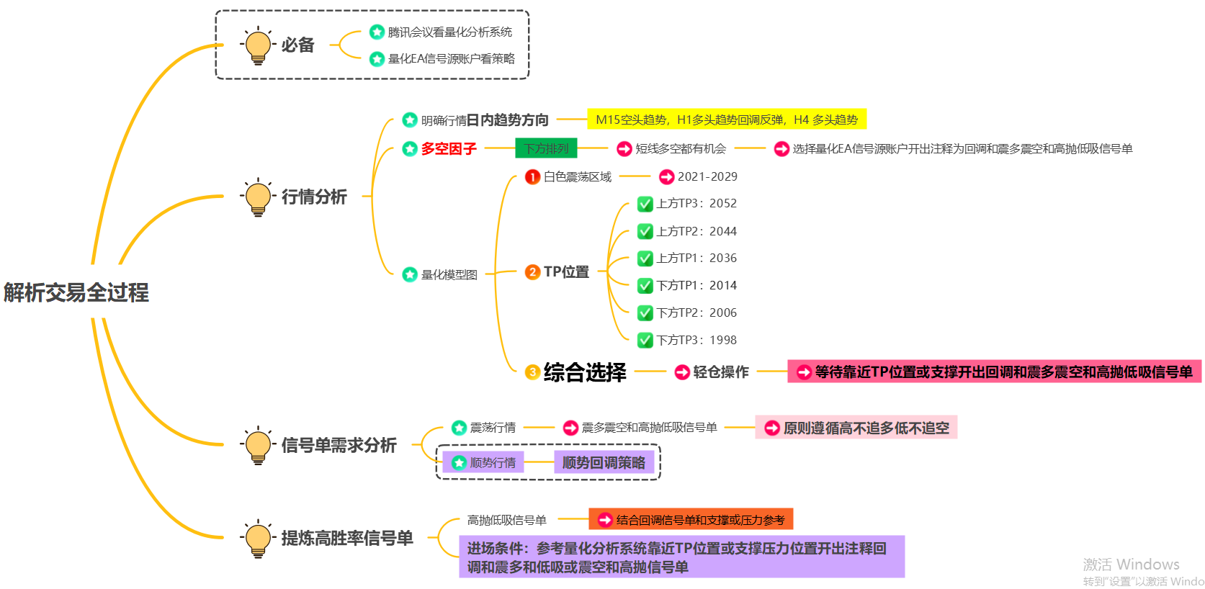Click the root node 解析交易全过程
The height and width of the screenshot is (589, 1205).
[x=76, y=292]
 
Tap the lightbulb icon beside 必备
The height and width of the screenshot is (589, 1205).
[x=257, y=45]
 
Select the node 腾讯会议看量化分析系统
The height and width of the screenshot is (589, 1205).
[x=449, y=32]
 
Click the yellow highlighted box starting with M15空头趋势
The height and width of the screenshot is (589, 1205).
[x=727, y=120]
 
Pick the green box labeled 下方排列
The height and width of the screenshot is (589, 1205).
[x=546, y=148]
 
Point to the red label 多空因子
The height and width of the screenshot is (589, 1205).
[x=449, y=149]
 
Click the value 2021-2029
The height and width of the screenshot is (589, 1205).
[x=707, y=176]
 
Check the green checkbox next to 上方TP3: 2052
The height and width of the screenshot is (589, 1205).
[x=645, y=204]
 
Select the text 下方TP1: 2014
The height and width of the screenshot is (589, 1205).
[x=696, y=286]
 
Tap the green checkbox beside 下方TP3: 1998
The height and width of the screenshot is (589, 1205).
[x=645, y=340]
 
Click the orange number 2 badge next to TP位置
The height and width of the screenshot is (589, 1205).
[x=532, y=272]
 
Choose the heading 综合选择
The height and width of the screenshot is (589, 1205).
[x=585, y=372]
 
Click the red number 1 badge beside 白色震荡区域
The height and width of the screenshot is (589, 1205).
[x=532, y=176]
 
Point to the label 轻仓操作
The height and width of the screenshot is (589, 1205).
[x=720, y=372]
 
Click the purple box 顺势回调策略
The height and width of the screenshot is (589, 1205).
[x=604, y=463]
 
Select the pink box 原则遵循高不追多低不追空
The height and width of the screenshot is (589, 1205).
[x=856, y=428]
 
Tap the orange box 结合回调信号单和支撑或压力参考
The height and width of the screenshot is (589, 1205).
[x=691, y=520]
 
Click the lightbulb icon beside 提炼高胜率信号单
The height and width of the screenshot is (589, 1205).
[x=257, y=538]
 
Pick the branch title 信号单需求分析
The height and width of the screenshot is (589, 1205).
[x=339, y=446]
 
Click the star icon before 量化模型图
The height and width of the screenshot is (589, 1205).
[x=410, y=274]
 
